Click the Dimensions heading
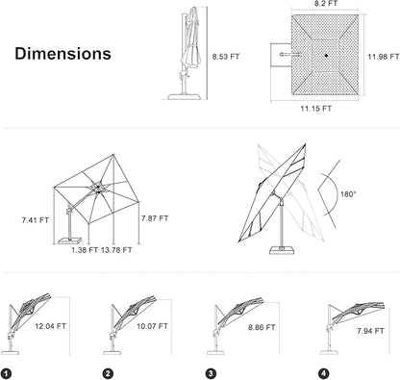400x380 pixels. [62, 54]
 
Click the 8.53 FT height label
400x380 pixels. [226, 57]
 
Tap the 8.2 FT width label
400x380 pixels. [325, 4]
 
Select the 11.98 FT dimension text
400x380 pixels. [384, 57]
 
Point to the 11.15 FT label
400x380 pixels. [315, 109]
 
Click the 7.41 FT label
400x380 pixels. [36, 220]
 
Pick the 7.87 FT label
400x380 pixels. [155, 218]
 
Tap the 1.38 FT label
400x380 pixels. [85, 250]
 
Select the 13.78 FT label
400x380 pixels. [116, 250]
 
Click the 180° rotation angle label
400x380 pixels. [348, 194]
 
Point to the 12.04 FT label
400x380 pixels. [50, 326]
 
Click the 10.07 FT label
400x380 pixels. [152, 326]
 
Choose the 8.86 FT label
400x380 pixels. [262, 328]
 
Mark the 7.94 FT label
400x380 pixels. [370, 331]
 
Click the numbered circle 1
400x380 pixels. [6, 373]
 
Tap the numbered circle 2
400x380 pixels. [108, 373]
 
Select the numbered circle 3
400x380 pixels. [211, 373]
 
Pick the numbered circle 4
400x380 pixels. [324, 373]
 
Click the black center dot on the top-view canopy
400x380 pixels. [326, 56]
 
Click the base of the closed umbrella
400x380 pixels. [185, 96]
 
